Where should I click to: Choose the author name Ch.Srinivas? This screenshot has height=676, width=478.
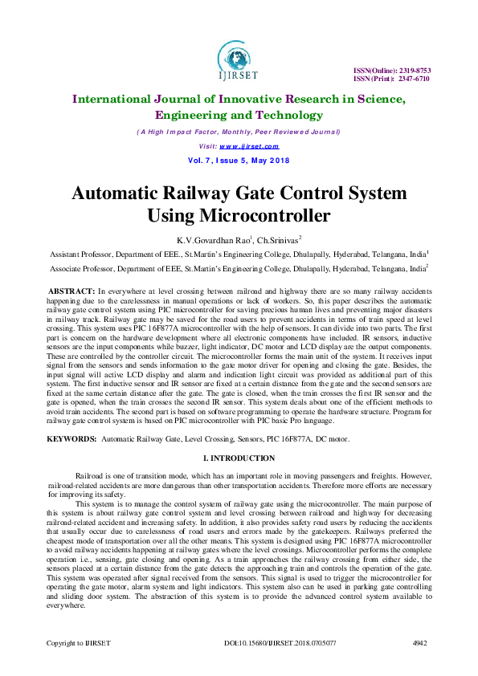277,239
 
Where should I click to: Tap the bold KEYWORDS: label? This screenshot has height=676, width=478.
72,440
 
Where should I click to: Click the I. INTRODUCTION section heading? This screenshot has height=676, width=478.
239,458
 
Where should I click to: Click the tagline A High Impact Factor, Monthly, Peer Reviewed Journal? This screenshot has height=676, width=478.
239,132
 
